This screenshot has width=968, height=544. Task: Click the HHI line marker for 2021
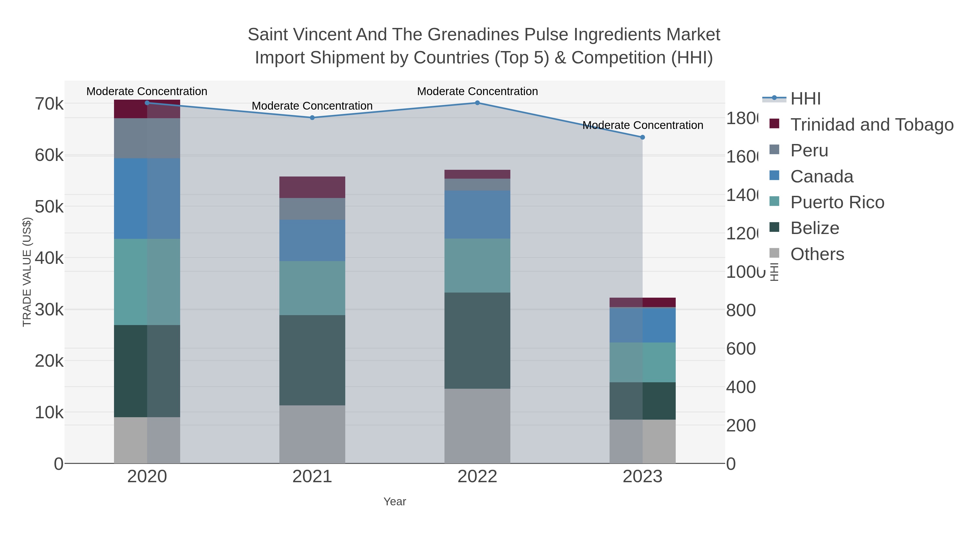312,117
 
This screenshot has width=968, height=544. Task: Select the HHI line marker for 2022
477,103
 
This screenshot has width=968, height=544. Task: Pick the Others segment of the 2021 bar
312,434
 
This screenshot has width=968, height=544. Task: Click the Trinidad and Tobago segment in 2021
312,187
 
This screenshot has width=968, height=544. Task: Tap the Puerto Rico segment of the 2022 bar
477,265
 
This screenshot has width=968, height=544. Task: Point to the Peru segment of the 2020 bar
147,138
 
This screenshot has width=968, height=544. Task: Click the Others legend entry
817,254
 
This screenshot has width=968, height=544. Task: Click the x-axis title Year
394,502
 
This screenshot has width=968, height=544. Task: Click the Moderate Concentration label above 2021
312,106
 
